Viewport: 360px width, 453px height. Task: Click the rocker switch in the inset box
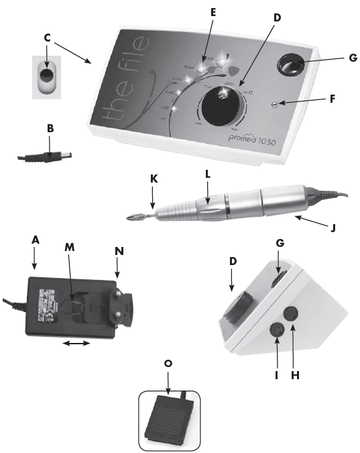(x=46, y=75)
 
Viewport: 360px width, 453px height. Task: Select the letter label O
(x=168, y=363)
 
